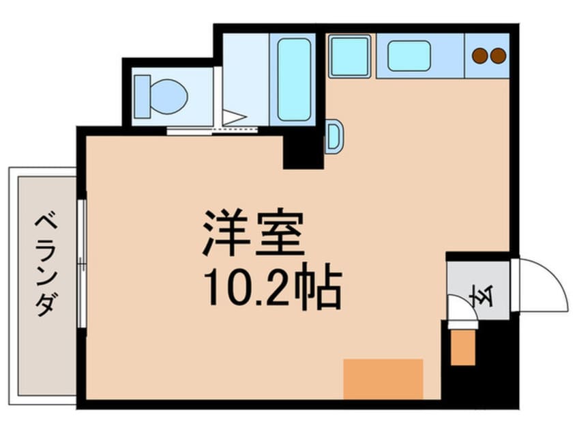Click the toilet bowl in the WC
click(x=169, y=96)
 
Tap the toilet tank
click(x=143, y=96)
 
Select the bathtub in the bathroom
click(x=294, y=80)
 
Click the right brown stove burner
click(x=499, y=56)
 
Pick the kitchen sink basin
click(x=409, y=55)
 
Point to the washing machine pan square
click(x=350, y=56)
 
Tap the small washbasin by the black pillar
click(x=334, y=137)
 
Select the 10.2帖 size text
click(x=273, y=286)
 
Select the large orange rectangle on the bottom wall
click(x=383, y=379)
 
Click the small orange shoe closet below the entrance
click(x=462, y=348)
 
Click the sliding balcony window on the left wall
click(x=82, y=263)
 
